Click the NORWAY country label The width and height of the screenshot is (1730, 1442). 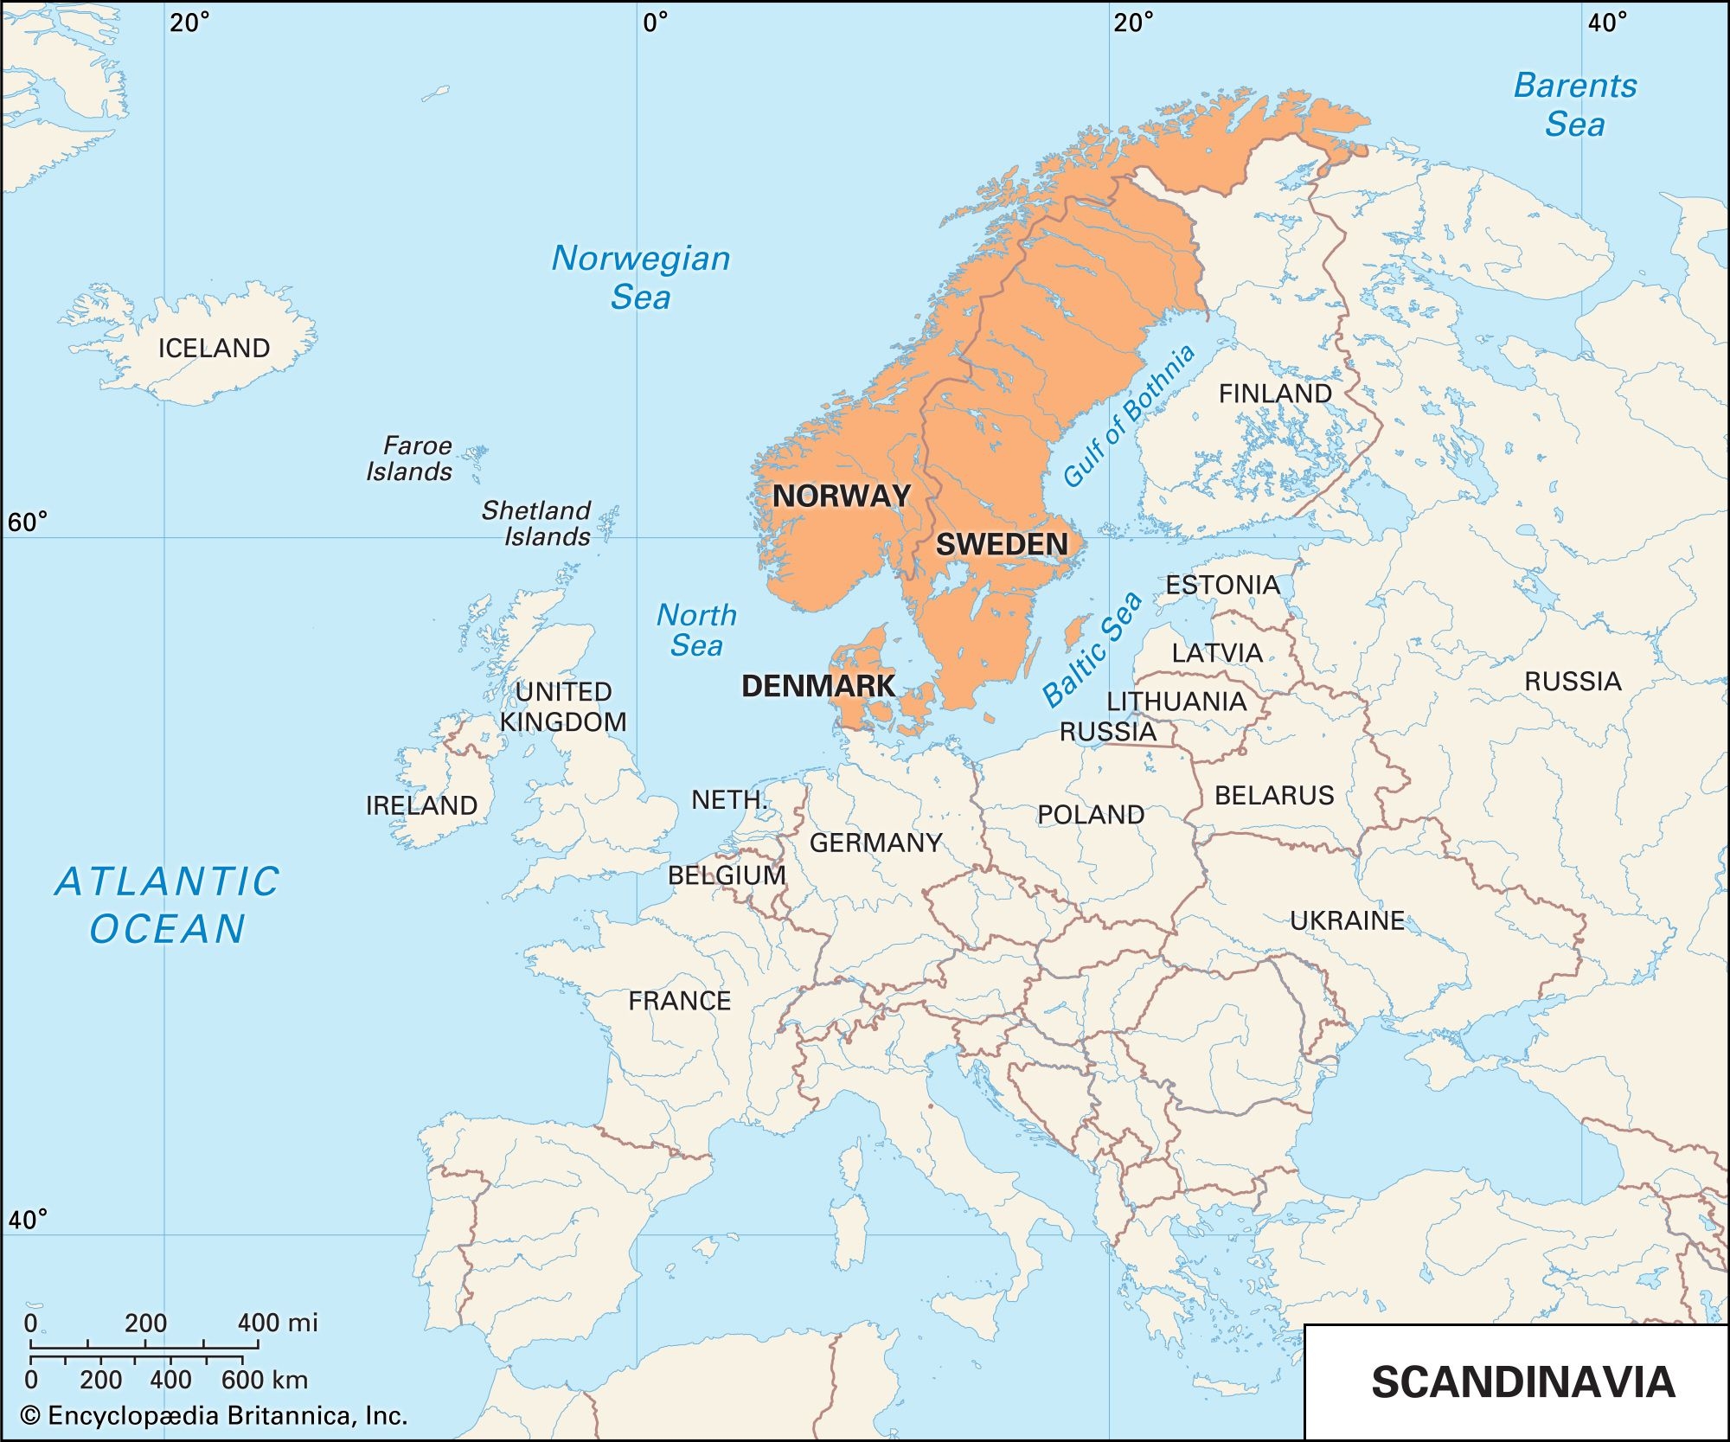[x=841, y=496]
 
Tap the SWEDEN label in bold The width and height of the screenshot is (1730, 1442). [x=1002, y=544]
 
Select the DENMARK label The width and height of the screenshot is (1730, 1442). [x=817, y=686]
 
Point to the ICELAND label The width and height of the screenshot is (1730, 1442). [x=214, y=348]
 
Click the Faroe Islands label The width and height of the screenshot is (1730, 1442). [x=409, y=458]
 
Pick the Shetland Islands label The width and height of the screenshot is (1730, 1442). [x=537, y=522]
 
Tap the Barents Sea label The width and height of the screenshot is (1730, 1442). [x=1574, y=105]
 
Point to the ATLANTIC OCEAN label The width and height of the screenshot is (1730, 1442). [x=168, y=905]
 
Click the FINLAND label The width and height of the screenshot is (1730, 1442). [x=1275, y=394]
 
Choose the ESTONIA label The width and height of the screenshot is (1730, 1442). [x=1222, y=585]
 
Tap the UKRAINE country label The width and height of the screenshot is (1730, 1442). [x=1347, y=920]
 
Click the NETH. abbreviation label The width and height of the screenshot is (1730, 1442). [x=728, y=799]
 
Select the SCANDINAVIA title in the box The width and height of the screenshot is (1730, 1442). [x=1522, y=1381]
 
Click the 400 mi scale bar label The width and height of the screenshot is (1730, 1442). [x=278, y=1323]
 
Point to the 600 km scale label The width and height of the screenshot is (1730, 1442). [x=264, y=1380]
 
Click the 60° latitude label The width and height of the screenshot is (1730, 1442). [x=27, y=522]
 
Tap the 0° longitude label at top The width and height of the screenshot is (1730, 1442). [x=655, y=22]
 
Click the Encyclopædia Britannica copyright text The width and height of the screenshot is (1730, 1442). [x=214, y=1416]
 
